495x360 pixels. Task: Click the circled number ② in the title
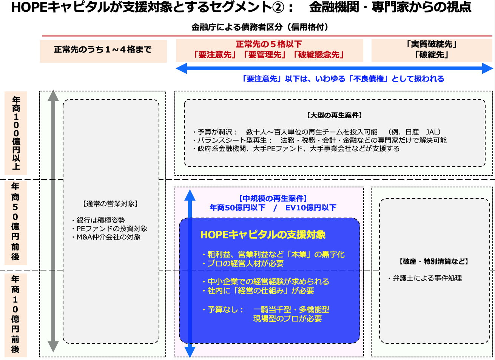pos(278,8)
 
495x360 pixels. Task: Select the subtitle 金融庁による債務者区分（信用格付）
pos(260,27)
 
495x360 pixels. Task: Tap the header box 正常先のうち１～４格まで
pos(103,51)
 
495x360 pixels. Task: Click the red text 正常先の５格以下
pos(269,44)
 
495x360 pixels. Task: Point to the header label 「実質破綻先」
pos(431,44)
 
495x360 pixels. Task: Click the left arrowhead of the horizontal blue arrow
pos(181,68)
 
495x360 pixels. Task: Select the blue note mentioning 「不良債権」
pos(343,79)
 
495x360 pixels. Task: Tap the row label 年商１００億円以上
pos(16,133)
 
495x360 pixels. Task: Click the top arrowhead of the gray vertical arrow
pos(53,95)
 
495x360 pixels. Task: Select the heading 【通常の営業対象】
pos(110,204)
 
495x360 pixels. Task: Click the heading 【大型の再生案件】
pos(335,115)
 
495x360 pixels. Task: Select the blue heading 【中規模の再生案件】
pos(273,198)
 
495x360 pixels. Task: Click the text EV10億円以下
pos(311,208)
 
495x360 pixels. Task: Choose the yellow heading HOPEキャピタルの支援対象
pos(263,235)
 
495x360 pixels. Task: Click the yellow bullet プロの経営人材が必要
pos(243,263)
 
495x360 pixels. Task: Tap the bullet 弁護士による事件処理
pos(425,278)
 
